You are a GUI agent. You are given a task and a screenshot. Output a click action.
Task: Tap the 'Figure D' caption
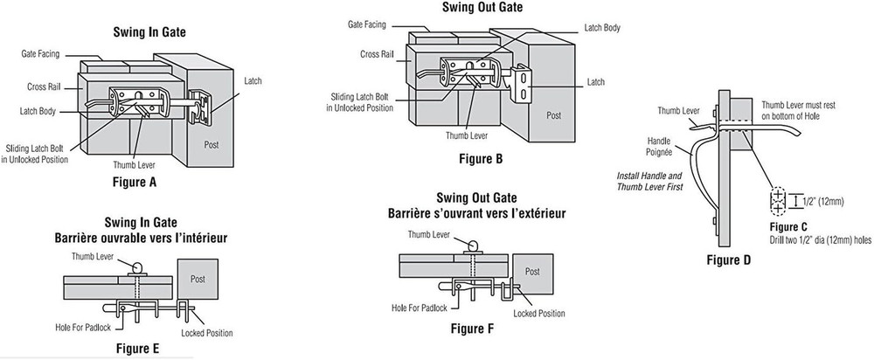[734, 260]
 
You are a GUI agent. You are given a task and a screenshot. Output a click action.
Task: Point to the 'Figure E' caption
[142, 349]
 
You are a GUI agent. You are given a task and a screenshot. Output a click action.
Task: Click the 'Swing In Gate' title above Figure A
[150, 34]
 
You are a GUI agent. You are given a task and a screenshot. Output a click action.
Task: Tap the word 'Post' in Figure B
[554, 114]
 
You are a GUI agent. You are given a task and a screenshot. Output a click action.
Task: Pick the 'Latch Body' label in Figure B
[602, 28]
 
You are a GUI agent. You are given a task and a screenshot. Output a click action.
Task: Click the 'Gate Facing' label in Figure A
[40, 54]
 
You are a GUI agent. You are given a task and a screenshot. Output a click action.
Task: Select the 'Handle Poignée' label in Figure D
[661, 145]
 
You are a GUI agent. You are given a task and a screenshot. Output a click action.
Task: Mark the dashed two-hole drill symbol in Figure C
[777, 203]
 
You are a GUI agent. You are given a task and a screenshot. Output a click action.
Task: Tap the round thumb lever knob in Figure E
[139, 266]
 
